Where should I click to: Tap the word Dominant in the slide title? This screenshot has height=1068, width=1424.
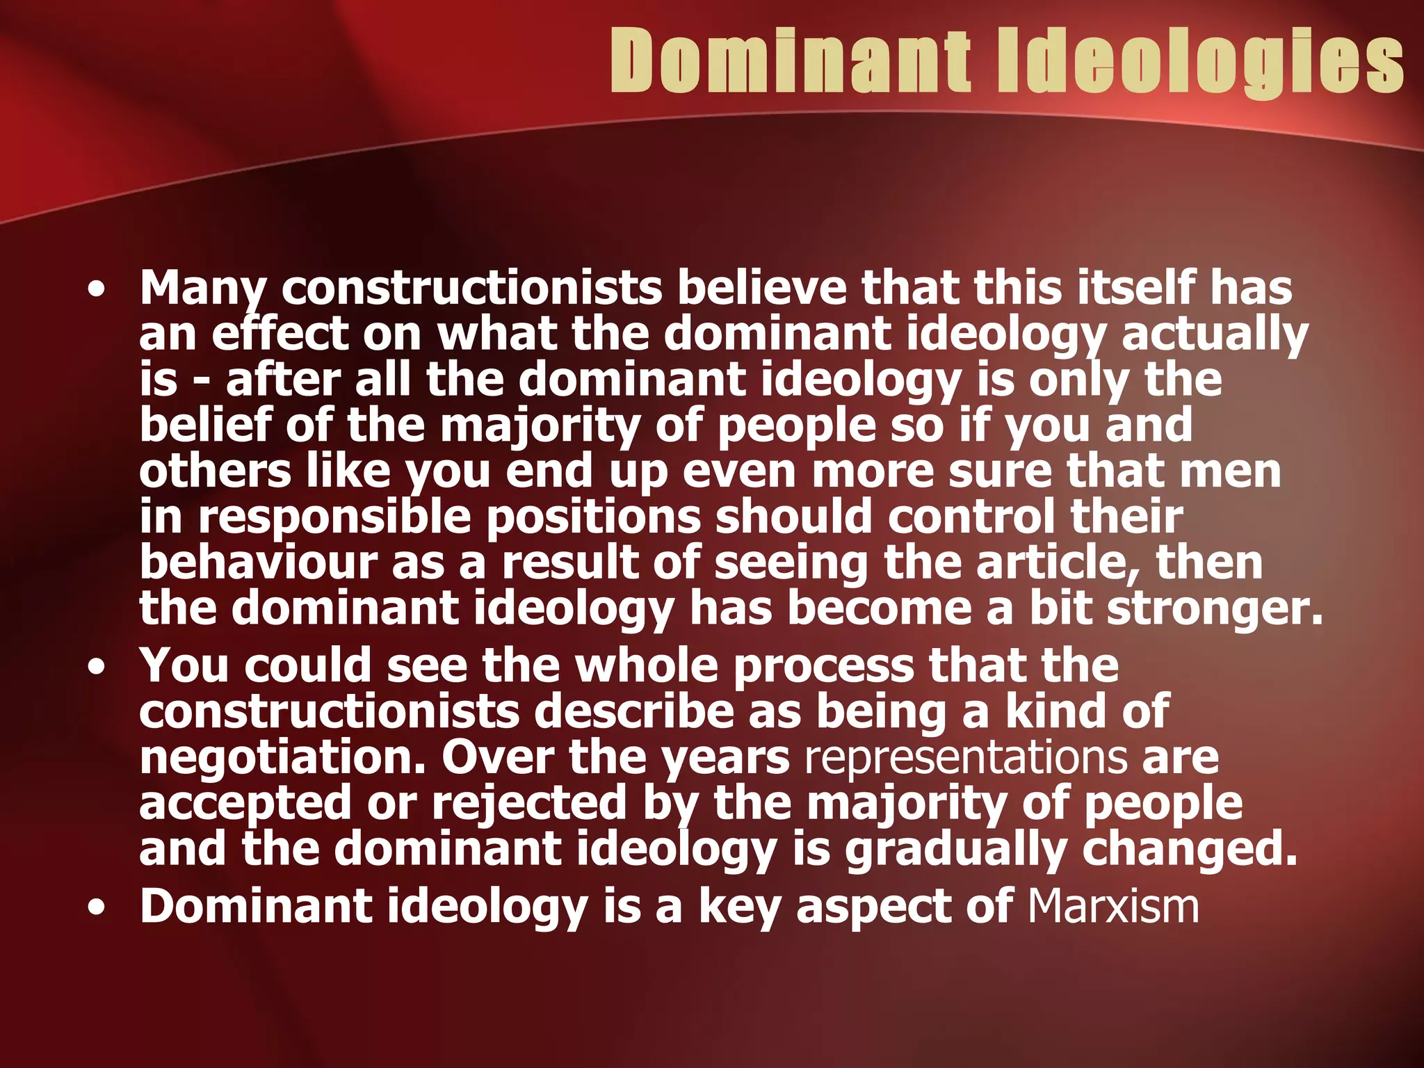(791, 61)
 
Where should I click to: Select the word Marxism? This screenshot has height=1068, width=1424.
(1113, 906)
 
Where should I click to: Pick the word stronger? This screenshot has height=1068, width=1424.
(1214, 608)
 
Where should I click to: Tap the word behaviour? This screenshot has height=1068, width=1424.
(258, 563)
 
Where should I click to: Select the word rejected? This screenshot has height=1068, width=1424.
(529, 803)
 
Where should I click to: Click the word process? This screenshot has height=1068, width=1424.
(823, 665)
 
